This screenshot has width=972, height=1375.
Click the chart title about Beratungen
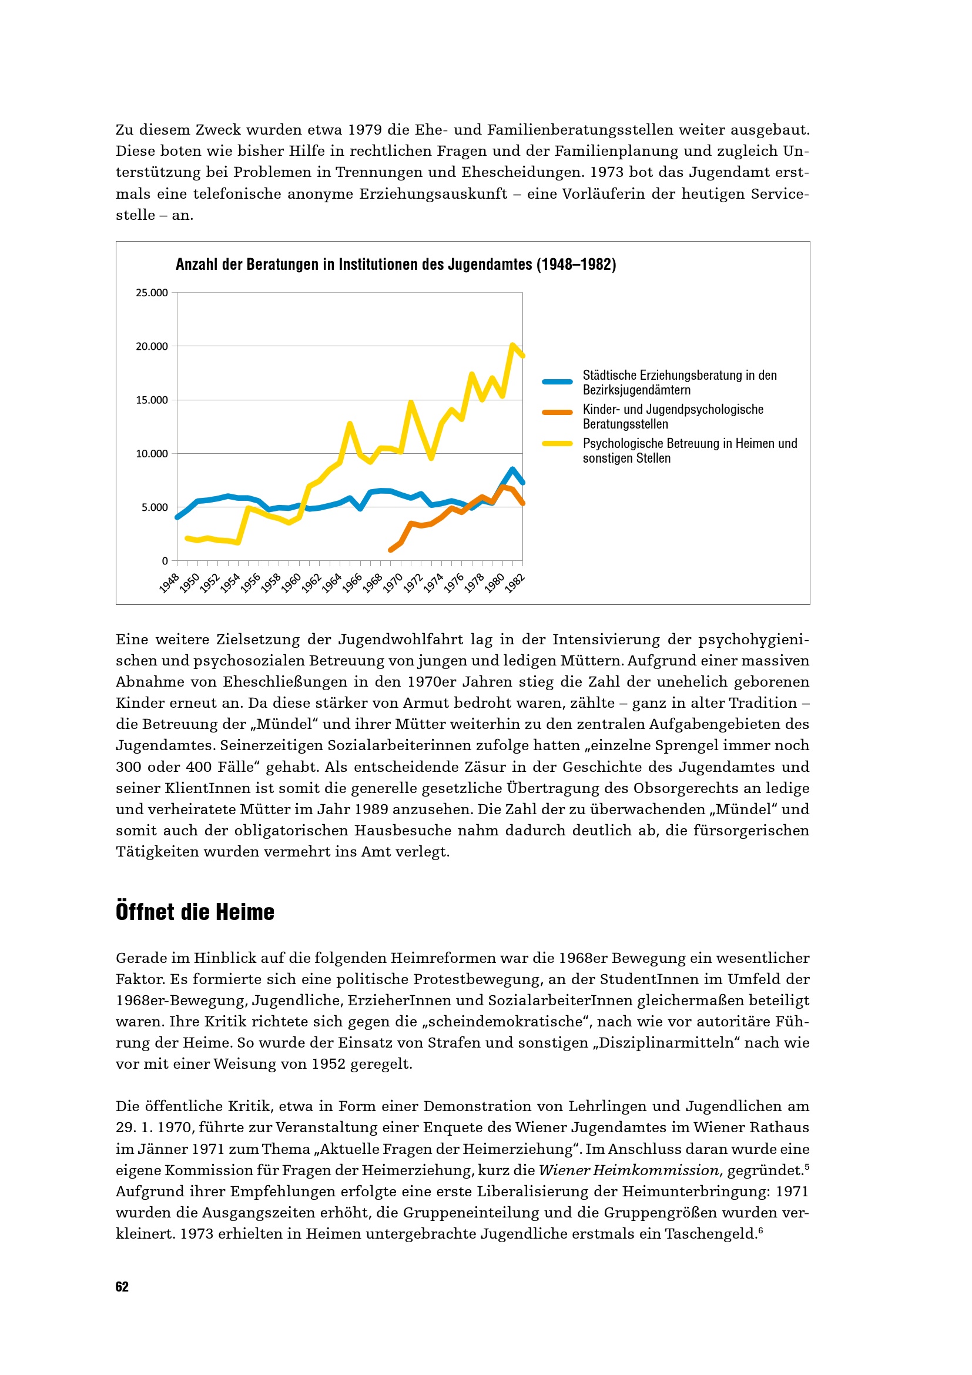pos(395,264)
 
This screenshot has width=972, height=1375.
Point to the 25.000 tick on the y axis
pos(152,293)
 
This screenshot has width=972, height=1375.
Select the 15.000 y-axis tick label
pos(152,400)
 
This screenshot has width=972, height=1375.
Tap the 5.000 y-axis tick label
pos(155,507)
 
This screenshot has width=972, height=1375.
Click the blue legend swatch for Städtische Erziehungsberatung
pos(557,382)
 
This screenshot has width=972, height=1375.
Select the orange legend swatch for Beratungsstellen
pos(557,413)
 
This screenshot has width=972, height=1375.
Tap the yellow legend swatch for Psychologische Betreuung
pos(557,444)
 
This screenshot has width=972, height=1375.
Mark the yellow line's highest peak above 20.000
pos(512,345)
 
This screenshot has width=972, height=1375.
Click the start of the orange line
pos(391,549)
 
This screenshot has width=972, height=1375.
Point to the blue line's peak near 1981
pos(512,470)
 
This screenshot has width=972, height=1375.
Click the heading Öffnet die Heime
pos(195,912)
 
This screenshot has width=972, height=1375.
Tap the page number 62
pos(122,1287)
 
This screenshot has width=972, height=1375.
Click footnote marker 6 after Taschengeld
pos(760,1230)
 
